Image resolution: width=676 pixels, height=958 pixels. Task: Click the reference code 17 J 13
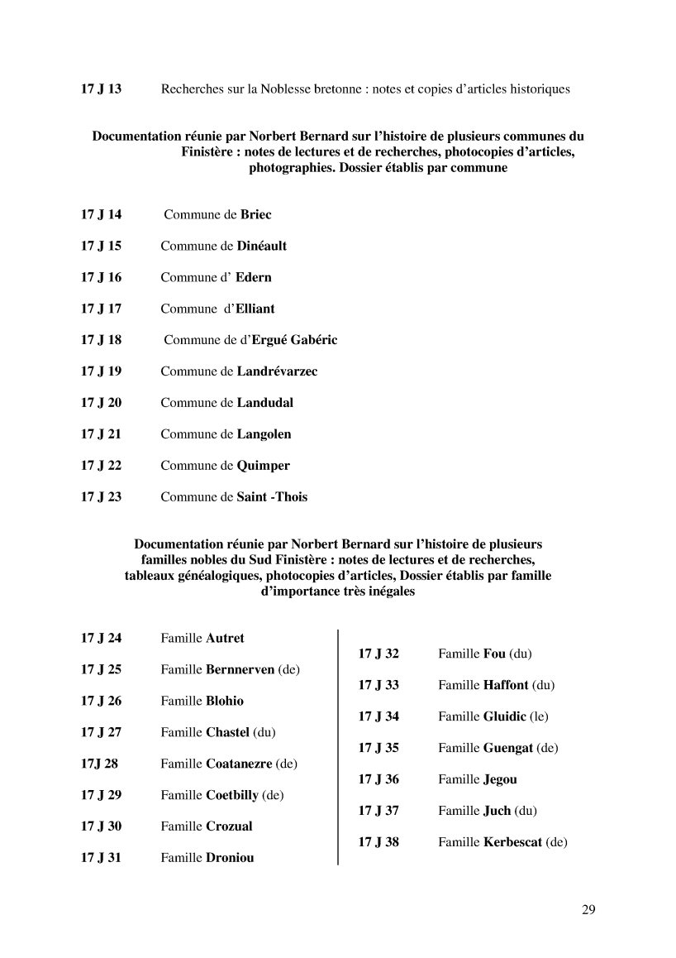coord(101,89)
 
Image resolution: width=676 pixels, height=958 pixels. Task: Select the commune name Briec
coord(255,214)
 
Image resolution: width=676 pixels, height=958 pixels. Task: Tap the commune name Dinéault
coord(261,246)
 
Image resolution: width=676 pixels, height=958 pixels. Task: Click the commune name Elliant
coord(255,309)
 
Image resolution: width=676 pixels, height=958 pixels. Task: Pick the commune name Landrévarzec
coord(277,371)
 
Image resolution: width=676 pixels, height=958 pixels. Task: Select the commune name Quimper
coord(263,466)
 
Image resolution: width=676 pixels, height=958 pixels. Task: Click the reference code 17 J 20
coord(101,403)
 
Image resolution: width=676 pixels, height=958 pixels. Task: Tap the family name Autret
coord(225,638)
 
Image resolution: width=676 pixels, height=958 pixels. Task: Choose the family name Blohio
coord(224,701)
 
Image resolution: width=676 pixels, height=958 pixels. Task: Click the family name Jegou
coord(500,779)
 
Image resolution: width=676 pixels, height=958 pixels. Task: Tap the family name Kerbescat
coord(512,842)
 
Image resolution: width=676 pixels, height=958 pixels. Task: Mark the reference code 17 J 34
coord(378,716)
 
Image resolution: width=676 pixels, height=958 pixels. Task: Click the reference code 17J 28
coord(99,764)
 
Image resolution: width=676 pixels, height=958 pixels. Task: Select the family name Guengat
coord(507,748)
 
